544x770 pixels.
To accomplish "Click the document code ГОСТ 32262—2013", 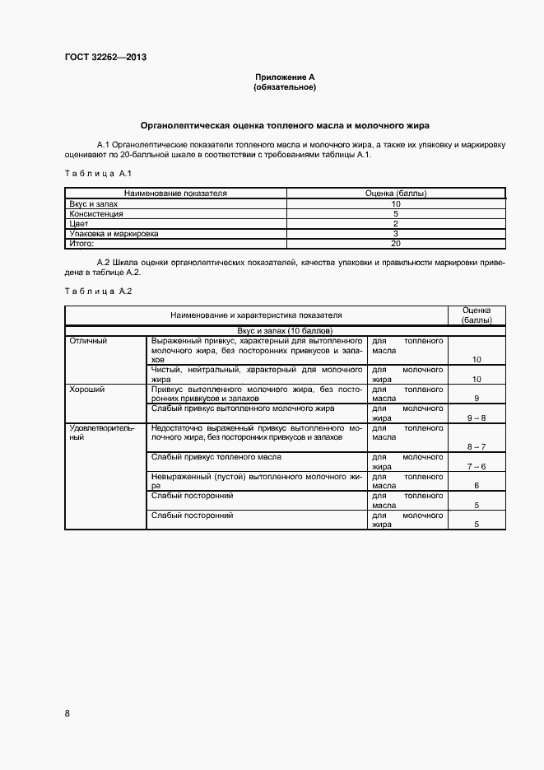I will point(105,57).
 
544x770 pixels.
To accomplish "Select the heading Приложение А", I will point(285,77).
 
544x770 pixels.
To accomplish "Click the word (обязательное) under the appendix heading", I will point(285,86).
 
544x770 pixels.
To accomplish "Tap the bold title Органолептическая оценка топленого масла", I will point(285,126).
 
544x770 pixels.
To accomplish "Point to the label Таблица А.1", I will point(92,173).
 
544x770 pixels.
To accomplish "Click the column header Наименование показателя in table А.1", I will point(175,193).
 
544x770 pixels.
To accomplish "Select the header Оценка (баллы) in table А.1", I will point(395,193).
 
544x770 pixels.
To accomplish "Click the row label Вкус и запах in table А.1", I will point(94,203).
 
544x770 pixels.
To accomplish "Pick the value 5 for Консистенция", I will point(395,213).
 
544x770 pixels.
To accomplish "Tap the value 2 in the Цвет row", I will point(395,223).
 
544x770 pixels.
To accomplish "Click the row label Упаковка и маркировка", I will point(114,234).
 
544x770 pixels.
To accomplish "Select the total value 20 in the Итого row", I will point(395,244).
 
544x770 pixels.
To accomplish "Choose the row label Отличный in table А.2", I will point(88,340).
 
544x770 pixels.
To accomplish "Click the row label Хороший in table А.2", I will point(87,389).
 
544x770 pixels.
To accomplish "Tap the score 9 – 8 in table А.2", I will point(476,418).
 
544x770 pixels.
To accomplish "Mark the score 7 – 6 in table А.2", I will point(476,467).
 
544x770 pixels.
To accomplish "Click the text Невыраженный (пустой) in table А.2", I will point(198,477).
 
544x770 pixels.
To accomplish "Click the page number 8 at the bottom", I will point(67,713).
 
